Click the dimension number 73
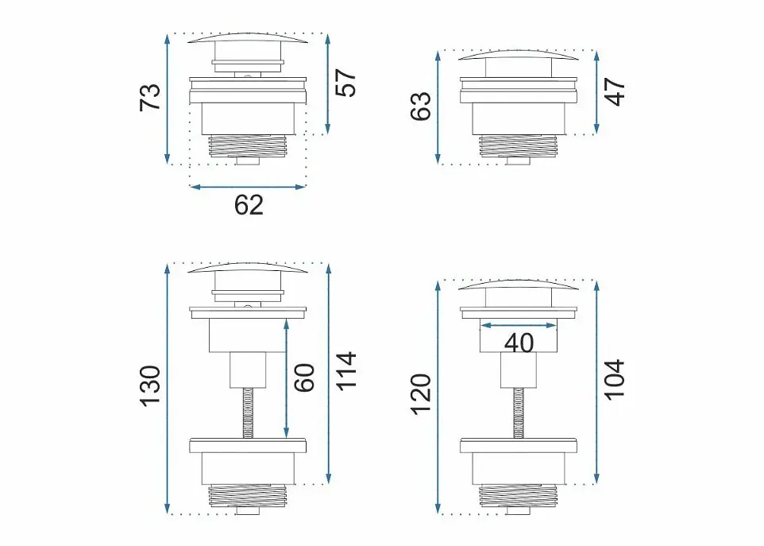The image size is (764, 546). tap(150, 98)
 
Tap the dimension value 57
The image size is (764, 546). tap(346, 83)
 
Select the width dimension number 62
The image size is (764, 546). tap(249, 205)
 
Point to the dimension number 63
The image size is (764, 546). tap(421, 106)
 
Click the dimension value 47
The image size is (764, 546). tap(615, 91)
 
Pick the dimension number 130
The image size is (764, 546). tap(150, 385)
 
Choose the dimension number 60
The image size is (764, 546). tap(305, 378)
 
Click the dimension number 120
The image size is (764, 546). tap(421, 394)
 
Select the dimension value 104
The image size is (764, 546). tap(615, 380)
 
